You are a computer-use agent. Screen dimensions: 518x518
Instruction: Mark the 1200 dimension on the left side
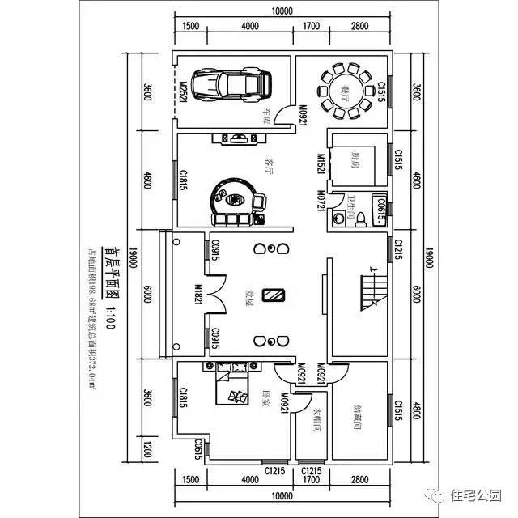click(x=146, y=448)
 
